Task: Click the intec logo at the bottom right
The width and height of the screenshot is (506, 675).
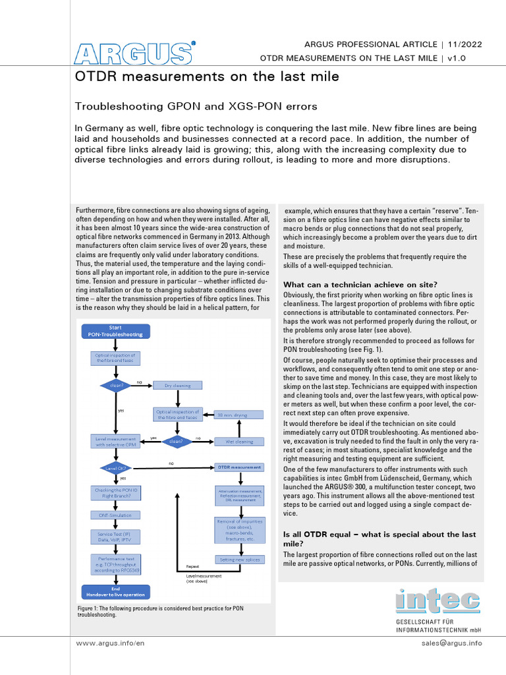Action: click(437, 600)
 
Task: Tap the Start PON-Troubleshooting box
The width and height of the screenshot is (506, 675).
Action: click(115, 331)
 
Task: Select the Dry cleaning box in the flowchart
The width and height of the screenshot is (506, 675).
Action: click(178, 385)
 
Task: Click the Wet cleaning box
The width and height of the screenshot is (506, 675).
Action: click(239, 441)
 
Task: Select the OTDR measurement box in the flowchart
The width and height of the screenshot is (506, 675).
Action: click(239, 467)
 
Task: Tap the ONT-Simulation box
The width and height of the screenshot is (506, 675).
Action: click(115, 515)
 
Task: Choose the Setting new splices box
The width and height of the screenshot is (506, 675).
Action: click(239, 559)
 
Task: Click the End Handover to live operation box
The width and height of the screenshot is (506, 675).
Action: click(115, 591)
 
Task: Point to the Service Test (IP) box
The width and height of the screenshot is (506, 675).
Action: click(115, 537)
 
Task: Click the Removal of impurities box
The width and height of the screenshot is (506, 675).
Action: click(239, 530)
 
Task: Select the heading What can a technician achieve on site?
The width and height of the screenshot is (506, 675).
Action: click(356, 284)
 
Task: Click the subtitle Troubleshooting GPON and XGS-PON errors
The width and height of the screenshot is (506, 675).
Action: click(196, 105)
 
